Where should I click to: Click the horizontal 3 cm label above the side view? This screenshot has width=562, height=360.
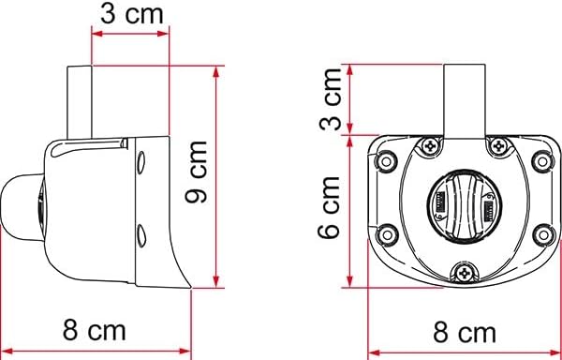pyautogui.click(x=130, y=15)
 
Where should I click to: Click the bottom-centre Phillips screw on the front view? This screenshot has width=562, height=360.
pyautogui.click(x=466, y=272)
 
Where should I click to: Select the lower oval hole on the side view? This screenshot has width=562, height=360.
pyautogui.click(x=140, y=233)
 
